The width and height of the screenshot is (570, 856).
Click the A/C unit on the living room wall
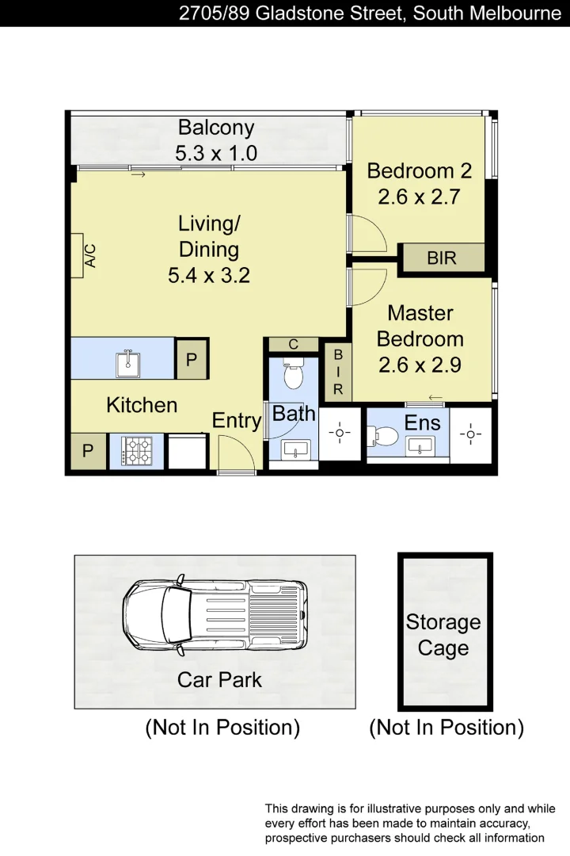point(77,255)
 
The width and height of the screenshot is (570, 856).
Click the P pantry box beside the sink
point(191,359)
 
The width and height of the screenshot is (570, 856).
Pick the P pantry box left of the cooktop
point(87,452)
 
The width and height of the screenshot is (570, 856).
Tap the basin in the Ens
point(420,445)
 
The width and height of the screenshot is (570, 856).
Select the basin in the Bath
point(295,449)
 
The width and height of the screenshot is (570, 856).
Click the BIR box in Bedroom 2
point(441,258)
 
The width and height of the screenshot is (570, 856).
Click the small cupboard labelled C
point(293,344)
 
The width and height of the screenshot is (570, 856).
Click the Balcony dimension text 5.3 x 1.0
point(215,153)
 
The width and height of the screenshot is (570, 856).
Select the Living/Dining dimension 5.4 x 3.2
point(209,276)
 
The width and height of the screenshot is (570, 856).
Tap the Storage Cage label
point(443,635)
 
